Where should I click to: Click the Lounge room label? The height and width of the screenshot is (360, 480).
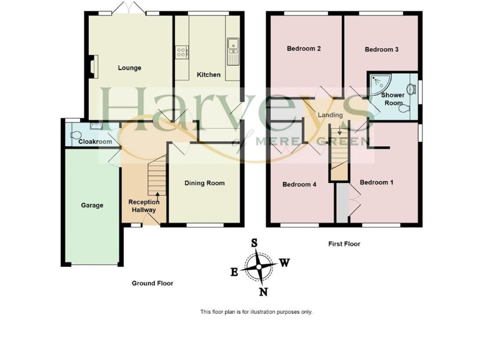(129, 68)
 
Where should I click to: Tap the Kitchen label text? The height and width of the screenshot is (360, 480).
(209, 75)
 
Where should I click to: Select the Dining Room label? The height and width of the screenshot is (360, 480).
(204, 183)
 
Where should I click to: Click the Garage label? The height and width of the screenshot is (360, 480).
(92, 205)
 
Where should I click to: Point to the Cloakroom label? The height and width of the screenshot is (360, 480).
(95, 142)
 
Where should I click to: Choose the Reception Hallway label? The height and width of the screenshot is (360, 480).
(143, 206)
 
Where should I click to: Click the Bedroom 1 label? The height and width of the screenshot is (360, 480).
(376, 182)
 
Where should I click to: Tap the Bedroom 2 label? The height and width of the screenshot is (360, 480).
(304, 49)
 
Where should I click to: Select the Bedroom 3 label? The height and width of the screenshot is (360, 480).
(381, 49)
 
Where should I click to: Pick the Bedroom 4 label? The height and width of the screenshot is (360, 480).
(299, 184)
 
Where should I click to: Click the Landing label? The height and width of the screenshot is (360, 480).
(330, 116)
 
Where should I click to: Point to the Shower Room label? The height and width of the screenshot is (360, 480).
(394, 99)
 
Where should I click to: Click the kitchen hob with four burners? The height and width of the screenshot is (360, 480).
(182, 52)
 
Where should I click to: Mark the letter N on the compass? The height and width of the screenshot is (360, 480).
(263, 292)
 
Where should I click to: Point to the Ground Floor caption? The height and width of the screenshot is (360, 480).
(152, 283)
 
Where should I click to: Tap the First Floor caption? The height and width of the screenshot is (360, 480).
(344, 244)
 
